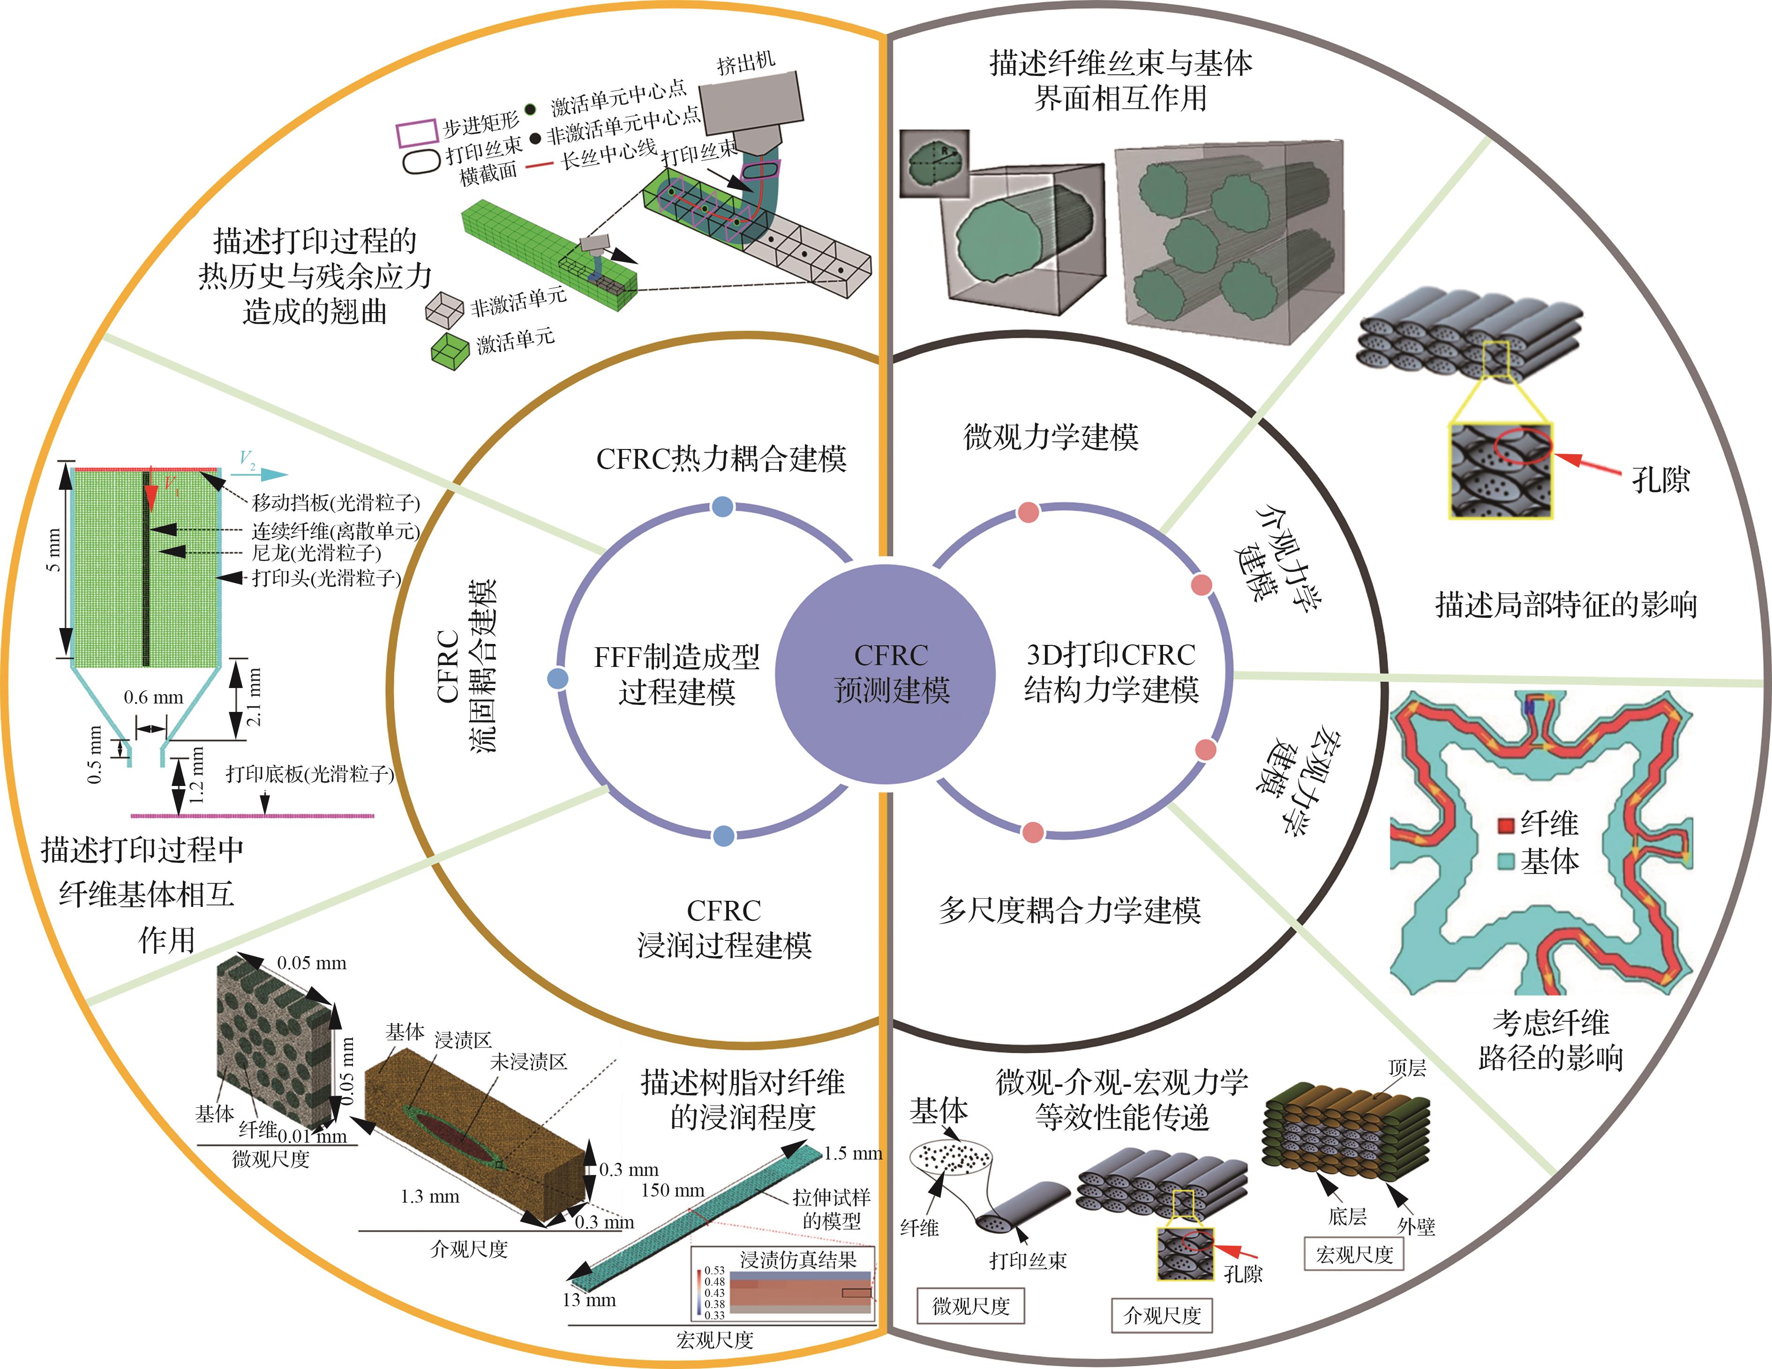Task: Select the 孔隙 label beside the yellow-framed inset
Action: pyautogui.click(x=1660, y=480)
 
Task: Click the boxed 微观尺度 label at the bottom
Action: pyautogui.click(x=970, y=1306)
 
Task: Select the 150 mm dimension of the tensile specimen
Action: pyautogui.click(x=673, y=1190)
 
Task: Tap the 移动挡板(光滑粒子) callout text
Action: pyautogui.click(x=336, y=503)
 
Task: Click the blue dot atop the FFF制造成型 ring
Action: pyautogui.click(x=722, y=507)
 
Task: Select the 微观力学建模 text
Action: pyautogui.click(x=1051, y=437)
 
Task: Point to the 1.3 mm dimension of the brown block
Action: pyautogui.click(x=430, y=1196)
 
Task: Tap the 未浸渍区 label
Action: pyautogui.click(x=528, y=1062)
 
